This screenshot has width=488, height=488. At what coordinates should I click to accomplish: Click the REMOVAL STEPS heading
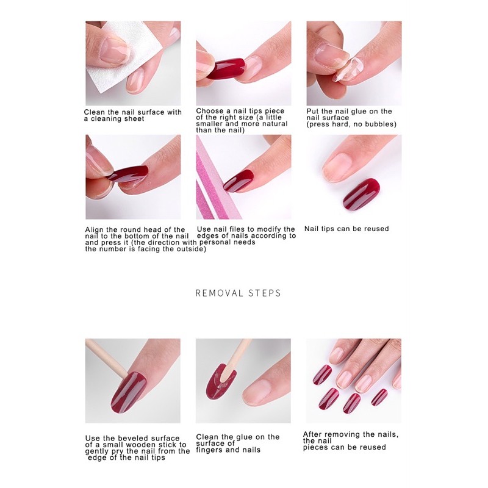pos(238,293)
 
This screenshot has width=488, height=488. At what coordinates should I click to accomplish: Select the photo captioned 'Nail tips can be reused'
pos(354,177)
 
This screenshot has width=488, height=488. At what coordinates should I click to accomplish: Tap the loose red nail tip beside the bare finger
pos(361,193)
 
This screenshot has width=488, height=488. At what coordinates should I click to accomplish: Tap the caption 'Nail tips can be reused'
pos(346,229)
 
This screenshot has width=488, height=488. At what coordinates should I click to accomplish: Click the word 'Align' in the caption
pos(95,230)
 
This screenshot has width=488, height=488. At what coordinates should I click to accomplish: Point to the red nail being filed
pos(239,180)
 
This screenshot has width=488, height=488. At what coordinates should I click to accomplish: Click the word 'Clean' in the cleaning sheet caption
pos(95,112)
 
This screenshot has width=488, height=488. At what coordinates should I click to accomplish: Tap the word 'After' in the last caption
pos(312,434)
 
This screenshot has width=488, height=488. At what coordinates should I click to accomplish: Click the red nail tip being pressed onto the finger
pos(127,174)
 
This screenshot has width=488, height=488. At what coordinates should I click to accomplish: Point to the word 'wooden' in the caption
pos(146,445)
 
